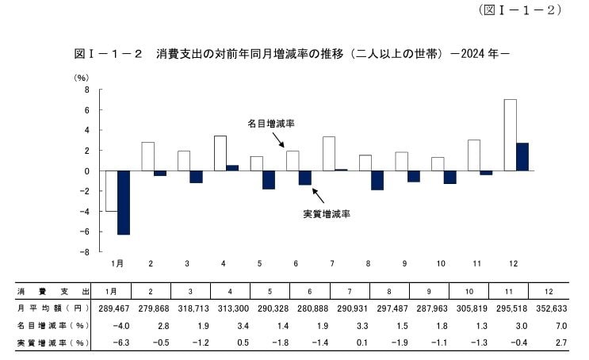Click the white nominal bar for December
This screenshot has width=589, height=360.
click(x=511, y=135)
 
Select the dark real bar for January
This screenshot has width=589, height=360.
click(x=124, y=202)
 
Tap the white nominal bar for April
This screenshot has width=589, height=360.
click(x=220, y=153)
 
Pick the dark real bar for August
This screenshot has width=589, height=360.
click(x=377, y=180)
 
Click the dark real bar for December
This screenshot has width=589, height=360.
click(x=522, y=157)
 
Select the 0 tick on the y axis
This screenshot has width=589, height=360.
click(x=88, y=171)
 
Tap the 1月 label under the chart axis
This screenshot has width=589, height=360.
click(x=117, y=262)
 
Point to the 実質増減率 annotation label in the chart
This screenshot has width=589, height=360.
click(x=327, y=214)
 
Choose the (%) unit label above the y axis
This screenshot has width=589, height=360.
click(x=82, y=78)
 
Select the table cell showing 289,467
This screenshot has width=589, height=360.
click(x=110, y=308)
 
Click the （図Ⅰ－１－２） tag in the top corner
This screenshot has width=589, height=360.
click(x=520, y=10)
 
